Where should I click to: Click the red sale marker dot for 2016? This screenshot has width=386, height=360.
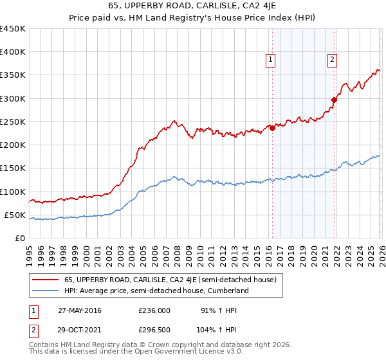(x=272, y=128)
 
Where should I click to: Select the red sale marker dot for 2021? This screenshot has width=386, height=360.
(x=334, y=100)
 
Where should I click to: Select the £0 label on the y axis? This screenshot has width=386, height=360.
(x=19, y=239)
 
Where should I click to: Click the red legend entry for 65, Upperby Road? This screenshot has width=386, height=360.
(x=170, y=280)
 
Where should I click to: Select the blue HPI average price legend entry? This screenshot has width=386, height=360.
(x=156, y=291)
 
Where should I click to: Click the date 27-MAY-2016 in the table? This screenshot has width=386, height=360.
(x=79, y=310)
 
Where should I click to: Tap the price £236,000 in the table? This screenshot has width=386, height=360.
(x=154, y=310)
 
